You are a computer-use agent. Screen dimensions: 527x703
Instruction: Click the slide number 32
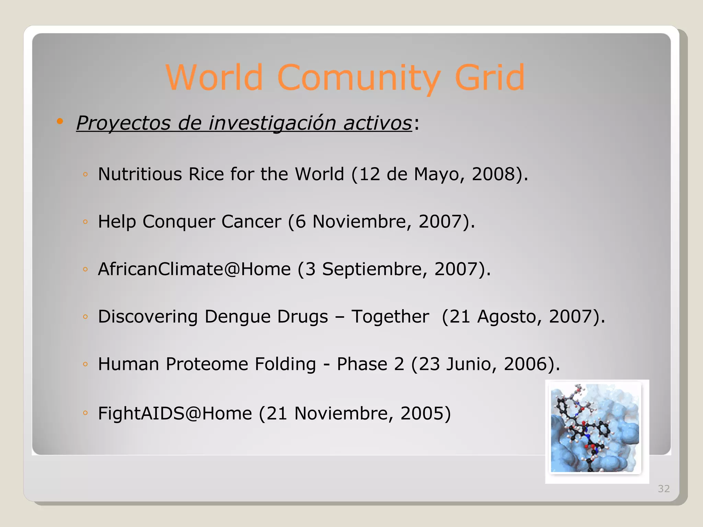(664, 489)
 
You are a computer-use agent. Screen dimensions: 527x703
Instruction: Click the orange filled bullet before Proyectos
(60, 121)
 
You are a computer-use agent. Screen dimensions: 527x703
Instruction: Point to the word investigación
(272, 123)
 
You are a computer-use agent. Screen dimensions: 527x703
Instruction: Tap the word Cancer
(251, 221)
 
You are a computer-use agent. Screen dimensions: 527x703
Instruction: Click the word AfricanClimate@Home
(194, 269)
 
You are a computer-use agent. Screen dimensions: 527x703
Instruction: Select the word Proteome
(207, 364)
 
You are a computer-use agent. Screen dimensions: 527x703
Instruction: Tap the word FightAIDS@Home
(175, 413)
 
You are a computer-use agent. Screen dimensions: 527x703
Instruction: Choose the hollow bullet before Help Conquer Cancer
(85, 222)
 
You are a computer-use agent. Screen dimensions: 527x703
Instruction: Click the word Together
(390, 316)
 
